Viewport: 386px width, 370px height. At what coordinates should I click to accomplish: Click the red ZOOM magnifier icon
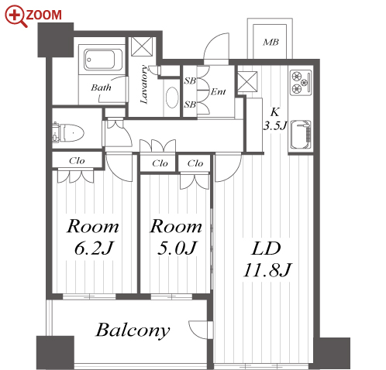tap(16, 15)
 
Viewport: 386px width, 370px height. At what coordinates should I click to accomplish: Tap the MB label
tap(271, 42)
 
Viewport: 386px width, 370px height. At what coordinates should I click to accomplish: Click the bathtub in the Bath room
tap(100, 60)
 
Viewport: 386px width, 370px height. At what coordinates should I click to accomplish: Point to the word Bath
tap(101, 87)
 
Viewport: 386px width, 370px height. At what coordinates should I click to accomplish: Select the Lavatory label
tap(144, 84)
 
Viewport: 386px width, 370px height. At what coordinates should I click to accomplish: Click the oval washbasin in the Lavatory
tap(172, 98)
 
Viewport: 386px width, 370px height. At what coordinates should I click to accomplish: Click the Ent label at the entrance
tap(219, 91)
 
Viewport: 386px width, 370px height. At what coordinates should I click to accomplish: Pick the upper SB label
tap(190, 81)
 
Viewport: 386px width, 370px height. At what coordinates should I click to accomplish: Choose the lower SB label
tap(190, 104)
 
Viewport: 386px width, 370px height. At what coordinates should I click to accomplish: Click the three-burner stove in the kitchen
tap(301, 82)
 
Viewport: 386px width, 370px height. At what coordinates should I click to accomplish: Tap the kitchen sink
tap(300, 135)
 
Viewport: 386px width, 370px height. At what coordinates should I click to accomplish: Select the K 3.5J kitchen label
tap(275, 119)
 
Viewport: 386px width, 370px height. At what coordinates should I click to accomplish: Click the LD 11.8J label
tap(267, 259)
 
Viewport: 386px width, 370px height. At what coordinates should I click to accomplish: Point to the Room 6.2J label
tap(93, 237)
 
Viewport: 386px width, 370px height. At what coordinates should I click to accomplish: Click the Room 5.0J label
tap(176, 237)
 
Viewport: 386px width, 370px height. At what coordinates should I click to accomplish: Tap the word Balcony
tap(133, 330)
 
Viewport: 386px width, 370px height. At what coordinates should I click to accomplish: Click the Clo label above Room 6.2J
tap(77, 161)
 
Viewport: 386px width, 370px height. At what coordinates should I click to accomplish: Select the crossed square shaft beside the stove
tap(247, 81)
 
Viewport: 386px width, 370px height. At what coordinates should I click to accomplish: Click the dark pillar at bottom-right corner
tap(333, 353)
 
